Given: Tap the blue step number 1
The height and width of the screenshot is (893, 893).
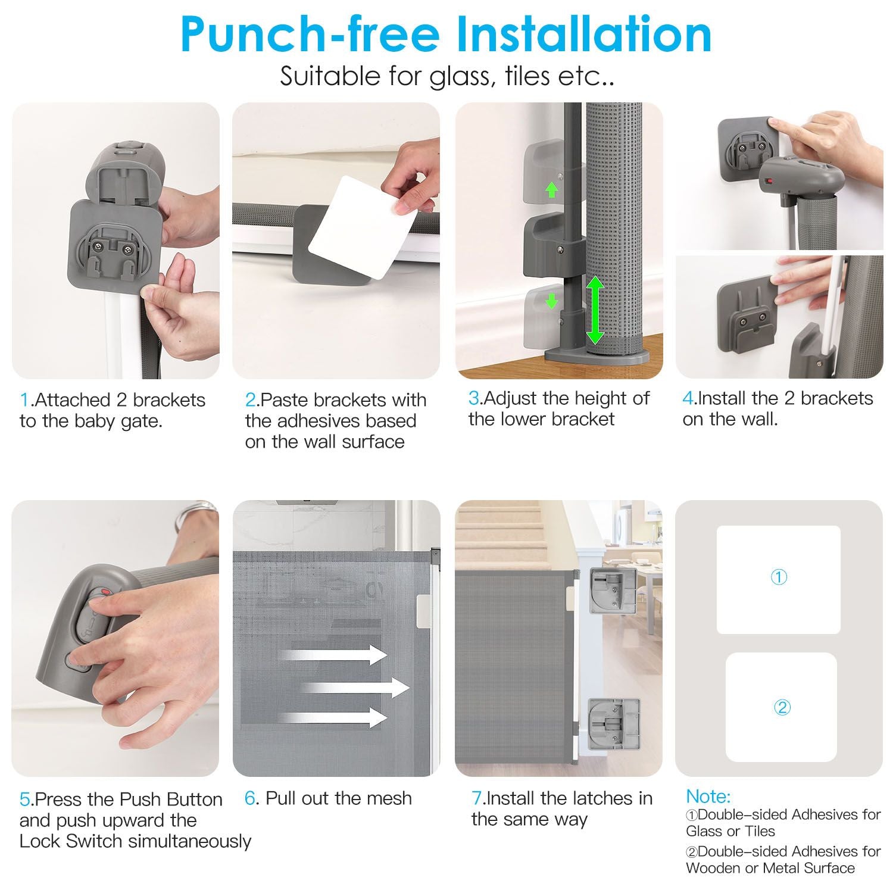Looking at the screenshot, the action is coord(24,400).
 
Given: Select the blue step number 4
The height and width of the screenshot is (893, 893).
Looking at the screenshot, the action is coord(688,398).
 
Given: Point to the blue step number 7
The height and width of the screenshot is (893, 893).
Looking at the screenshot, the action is coord(476,798).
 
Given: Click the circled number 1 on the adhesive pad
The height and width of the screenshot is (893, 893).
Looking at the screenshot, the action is coord(779,577).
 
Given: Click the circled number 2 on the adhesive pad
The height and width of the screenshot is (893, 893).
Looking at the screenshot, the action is coord(781,707).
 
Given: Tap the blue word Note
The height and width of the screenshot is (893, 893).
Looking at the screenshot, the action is coord(708,797).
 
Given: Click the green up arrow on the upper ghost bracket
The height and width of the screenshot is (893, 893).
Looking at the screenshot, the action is coord(552,189).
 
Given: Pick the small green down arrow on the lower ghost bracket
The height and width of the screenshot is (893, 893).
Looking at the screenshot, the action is coord(552,301).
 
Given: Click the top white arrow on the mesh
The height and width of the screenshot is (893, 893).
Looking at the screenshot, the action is coord(333,655).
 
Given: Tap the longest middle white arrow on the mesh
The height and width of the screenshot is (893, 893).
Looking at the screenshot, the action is coord(355,688).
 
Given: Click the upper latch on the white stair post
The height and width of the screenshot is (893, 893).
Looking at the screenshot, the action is coord(612,591).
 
